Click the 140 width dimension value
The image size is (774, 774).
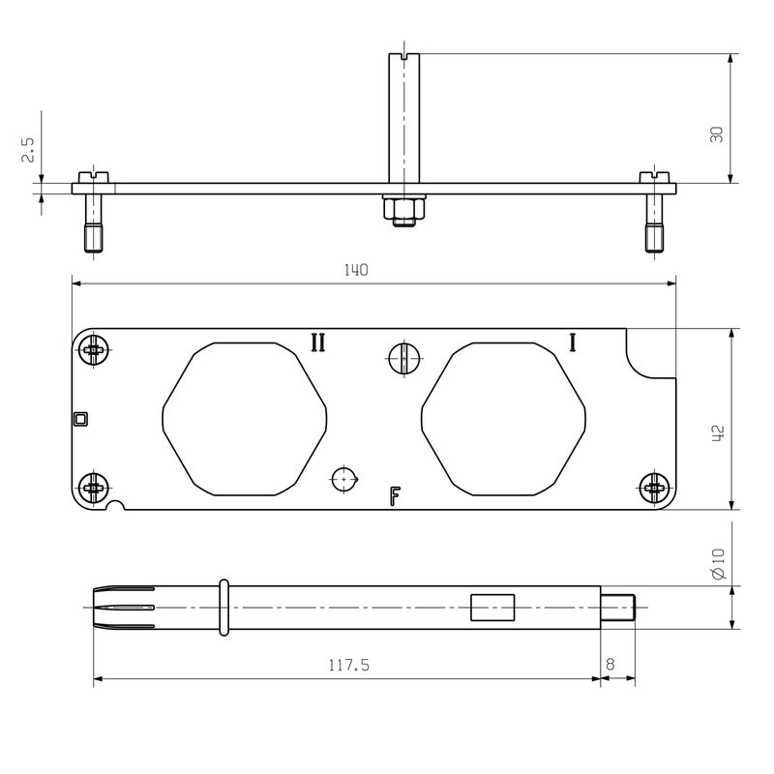pyautogui.click(x=356, y=271)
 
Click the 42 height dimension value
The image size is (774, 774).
pyautogui.click(x=718, y=432)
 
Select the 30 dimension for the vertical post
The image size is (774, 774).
pyautogui.click(x=717, y=134)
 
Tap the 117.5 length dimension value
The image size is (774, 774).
pyautogui.click(x=348, y=666)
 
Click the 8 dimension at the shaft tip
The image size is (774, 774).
pyautogui.click(x=610, y=666)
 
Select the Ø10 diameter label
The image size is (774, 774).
pyautogui.click(x=717, y=564)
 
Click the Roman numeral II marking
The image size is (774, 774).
pyautogui.click(x=317, y=342)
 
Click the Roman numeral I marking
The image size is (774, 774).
pyautogui.click(x=573, y=342)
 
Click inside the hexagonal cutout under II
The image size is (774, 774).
pyautogui.click(x=245, y=419)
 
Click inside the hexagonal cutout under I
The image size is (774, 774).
pyautogui.click(x=504, y=419)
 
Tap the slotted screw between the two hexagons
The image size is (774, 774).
pyautogui.click(x=403, y=358)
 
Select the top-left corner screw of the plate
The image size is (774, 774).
pyautogui.click(x=95, y=350)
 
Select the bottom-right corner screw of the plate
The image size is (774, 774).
pyautogui.click(x=655, y=487)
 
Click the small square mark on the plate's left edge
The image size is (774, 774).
pyautogui.click(x=80, y=419)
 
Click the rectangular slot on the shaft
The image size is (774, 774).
pyautogui.click(x=491, y=607)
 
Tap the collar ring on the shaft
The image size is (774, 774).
pyautogui.click(x=224, y=608)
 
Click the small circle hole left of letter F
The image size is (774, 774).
pyautogui.click(x=344, y=479)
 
